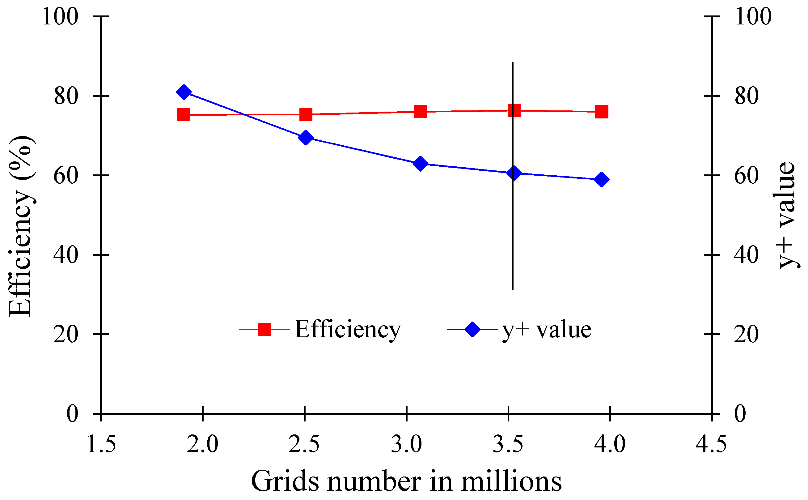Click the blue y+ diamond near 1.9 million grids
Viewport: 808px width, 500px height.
tap(184, 92)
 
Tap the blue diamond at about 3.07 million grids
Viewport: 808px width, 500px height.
tap(420, 164)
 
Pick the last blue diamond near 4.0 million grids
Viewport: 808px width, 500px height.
tap(602, 180)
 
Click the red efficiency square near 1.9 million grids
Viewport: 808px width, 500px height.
tap(184, 115)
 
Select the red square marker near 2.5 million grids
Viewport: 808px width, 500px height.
tap(306, 114)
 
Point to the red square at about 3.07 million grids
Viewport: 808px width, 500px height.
tap(420, 112)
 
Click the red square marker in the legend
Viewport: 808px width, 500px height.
tap(264, 329)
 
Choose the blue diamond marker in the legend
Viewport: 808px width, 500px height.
tap(472, 329)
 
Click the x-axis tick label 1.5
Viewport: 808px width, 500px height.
tap(101, 444)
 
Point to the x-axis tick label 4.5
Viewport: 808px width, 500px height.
tap(711, 444)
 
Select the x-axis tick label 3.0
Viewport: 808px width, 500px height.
tap(406, 444)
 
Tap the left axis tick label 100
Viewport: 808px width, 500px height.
tap(61, 16)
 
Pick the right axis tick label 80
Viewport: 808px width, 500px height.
tap(747, 96)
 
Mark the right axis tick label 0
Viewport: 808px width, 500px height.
tap(740, 414)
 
